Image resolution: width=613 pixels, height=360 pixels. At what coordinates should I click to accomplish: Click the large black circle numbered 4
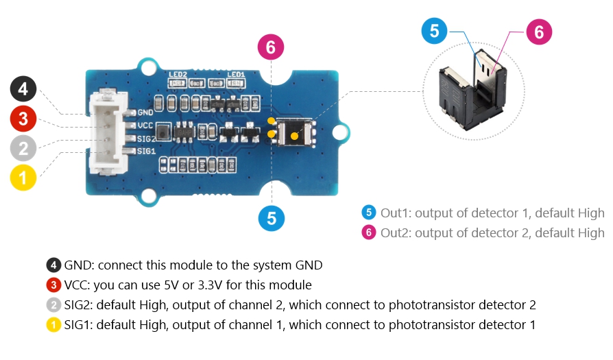23,89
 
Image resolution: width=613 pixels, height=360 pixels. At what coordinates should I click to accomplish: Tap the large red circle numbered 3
23,119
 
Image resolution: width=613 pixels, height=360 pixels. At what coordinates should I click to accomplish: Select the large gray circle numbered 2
23,148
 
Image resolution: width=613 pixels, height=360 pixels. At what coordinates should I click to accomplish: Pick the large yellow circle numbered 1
23,178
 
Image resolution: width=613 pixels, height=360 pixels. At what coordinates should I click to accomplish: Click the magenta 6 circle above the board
271,47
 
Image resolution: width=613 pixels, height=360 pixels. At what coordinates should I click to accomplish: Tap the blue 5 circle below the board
272,218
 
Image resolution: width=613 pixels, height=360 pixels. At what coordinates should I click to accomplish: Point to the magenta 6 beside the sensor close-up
539,32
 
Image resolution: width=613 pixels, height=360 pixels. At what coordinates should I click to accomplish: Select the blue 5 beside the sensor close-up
435,31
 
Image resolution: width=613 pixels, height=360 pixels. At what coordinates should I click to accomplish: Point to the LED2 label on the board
178,74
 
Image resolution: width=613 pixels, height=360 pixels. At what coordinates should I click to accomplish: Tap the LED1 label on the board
237,74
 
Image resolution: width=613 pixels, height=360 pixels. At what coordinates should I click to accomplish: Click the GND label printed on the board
145,112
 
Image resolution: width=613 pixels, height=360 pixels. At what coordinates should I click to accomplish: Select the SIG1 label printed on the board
145,150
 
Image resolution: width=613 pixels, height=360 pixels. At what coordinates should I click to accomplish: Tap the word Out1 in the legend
395,213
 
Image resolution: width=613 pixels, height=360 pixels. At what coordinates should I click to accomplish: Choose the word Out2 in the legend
395,232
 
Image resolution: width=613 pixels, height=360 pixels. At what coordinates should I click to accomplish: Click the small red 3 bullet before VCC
53,285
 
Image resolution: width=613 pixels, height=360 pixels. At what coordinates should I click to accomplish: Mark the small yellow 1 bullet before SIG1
53,324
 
